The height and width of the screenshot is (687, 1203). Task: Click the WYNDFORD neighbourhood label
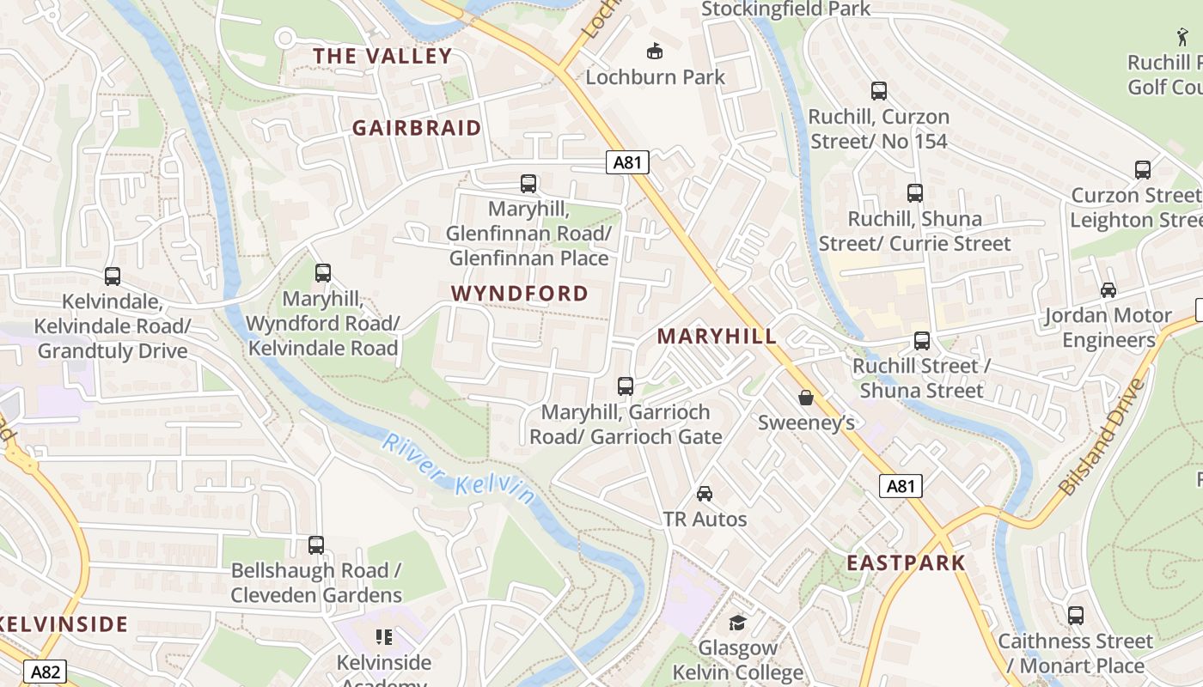[520, 294]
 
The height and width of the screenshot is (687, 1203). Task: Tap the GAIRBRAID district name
[417, 128]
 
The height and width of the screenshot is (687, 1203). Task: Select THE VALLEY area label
[382, 57]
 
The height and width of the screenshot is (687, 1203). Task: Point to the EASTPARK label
[906, 563]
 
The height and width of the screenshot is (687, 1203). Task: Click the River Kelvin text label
[458, 469]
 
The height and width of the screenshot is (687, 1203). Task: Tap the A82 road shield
[45, 672]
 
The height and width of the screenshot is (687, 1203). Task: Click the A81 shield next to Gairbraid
[626, 162]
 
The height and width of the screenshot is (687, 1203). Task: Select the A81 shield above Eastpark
[901, 486]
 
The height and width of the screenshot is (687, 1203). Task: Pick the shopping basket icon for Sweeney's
[806, 398]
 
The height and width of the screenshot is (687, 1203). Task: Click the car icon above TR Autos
[705, 494]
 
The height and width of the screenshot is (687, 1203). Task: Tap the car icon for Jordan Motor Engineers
[1108, 290]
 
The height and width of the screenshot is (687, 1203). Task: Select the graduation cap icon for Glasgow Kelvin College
[737, 623]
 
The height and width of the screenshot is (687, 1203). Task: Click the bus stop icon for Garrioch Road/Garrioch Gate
[626, 386]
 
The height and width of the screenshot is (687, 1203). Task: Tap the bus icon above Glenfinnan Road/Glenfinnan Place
[528, 184]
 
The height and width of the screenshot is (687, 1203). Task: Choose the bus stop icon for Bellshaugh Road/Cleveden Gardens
[316, 545]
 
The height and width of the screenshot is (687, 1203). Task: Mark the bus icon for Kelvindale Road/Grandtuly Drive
[113, 277]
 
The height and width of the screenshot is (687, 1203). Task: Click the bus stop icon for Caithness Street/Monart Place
[1076, 616]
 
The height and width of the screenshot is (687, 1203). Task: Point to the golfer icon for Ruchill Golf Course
[1183, 37]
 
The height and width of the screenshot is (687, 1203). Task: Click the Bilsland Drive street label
[1103, 438]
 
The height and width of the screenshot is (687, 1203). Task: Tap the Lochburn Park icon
[655, 52]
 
